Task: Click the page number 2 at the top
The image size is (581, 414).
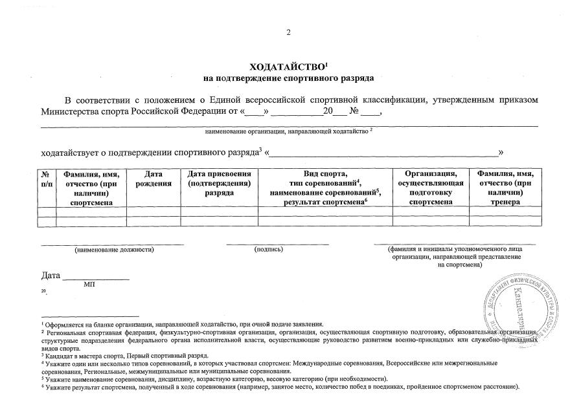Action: [x=289, y=32]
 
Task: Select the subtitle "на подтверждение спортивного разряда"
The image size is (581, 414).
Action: [x=289, y=78]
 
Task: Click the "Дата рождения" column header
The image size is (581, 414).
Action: [x=153, y=179]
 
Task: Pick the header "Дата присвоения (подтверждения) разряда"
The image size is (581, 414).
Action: [x=219, y=183]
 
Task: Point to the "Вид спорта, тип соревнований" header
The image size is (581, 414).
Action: [x=325, y=179]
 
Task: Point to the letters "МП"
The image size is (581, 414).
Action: [x=90, y=284]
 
